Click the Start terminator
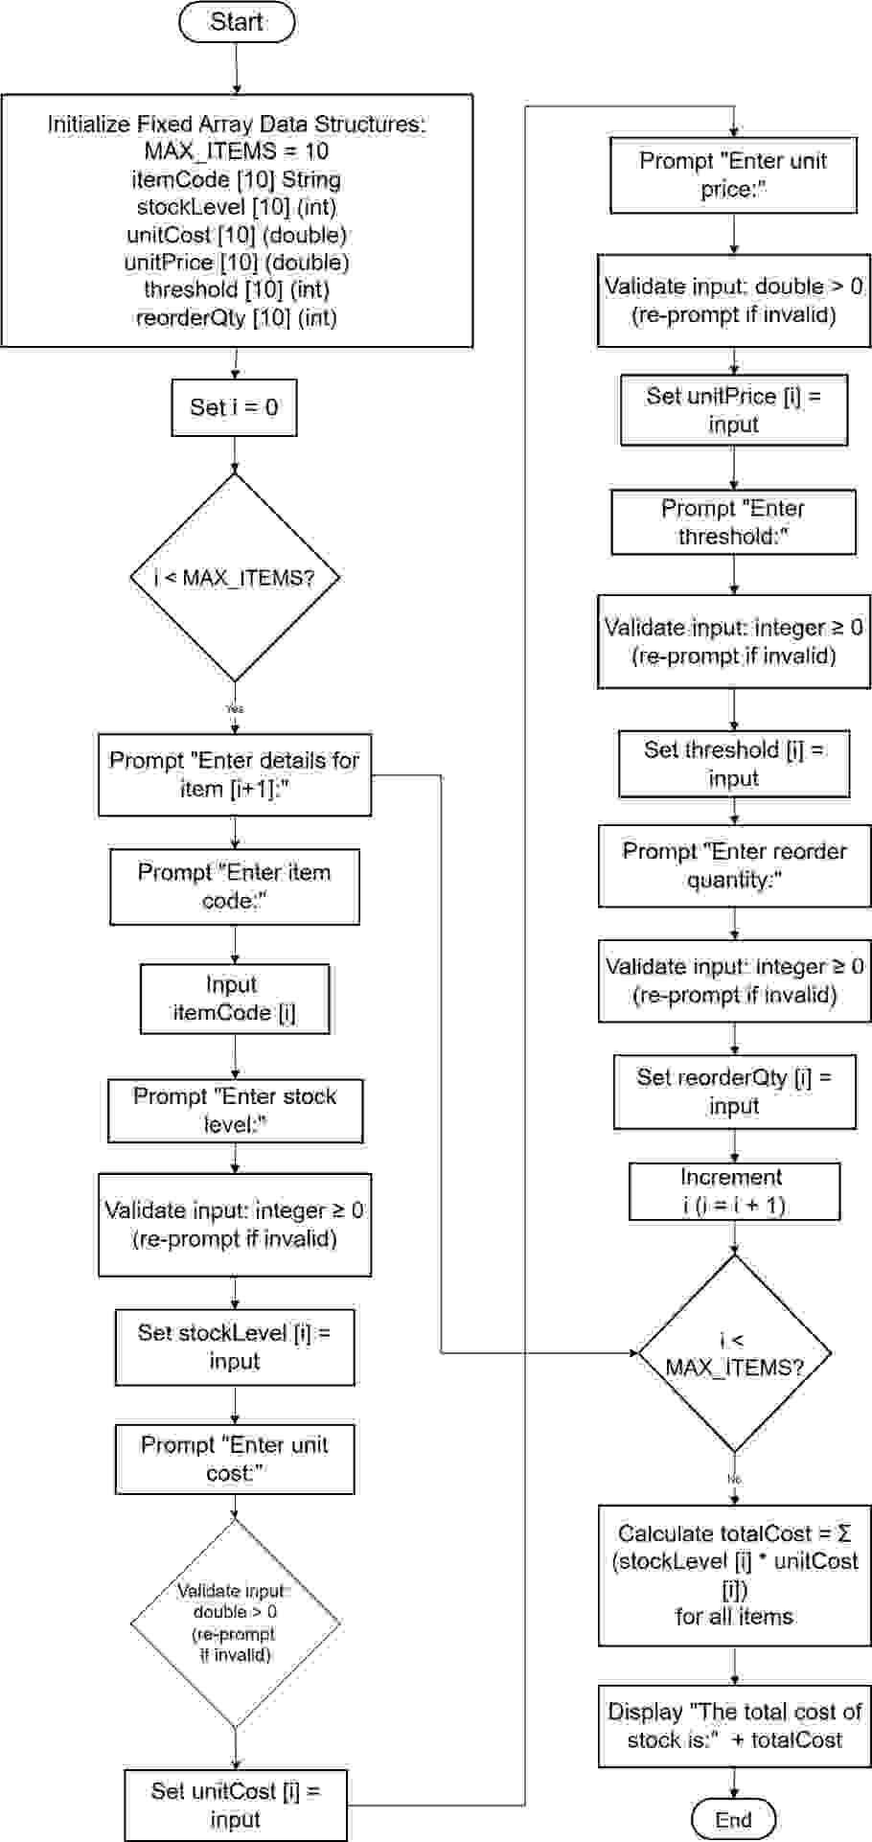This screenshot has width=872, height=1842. tap(237, 22)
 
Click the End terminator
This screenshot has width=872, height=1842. tap(733, 1819)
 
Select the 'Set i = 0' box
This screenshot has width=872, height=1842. tap(234, 407)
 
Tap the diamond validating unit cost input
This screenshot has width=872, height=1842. tap(235, 1623)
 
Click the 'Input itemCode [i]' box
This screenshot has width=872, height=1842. tap(235, 999)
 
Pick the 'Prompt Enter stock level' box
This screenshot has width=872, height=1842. tap(235, 1111)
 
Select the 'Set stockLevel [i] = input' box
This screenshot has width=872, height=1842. tap(235, 1347)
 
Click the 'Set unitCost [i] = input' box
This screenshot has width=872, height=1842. tap(235, 1805)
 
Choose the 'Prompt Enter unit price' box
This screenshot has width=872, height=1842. tap(733, 175)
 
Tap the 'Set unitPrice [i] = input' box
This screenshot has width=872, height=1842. tap(733, 410)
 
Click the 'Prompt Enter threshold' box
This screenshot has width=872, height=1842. tap(733, 522)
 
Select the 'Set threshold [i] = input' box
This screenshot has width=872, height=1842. tap(733, 764)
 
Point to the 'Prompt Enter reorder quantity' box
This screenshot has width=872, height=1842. tap(734, 865)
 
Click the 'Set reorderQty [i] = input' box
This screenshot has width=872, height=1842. tap(734, 1092)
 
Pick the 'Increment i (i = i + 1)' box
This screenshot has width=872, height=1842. tap(734, 1191)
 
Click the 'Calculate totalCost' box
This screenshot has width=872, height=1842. tap(734, 1575)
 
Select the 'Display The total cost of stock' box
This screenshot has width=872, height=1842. tap(734, 1725)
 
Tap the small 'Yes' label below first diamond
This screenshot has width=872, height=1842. tap(235, 709)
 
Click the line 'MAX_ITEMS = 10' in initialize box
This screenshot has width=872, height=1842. tap(236, 151)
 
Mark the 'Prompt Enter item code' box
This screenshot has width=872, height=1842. tap(235, 886)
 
